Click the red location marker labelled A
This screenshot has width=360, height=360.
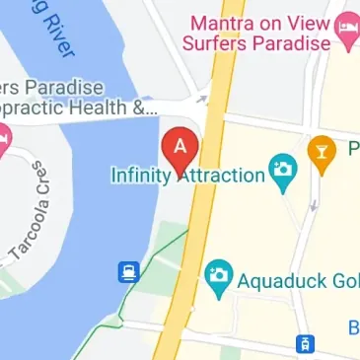point(180,148)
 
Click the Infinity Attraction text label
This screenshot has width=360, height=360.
point(187,176)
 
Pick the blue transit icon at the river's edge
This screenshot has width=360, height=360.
point(128,270)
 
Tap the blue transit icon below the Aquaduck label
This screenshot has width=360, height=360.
point(307,344)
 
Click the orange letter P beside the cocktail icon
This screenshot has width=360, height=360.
point(354,150)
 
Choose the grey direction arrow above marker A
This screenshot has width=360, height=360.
point(202,99)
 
